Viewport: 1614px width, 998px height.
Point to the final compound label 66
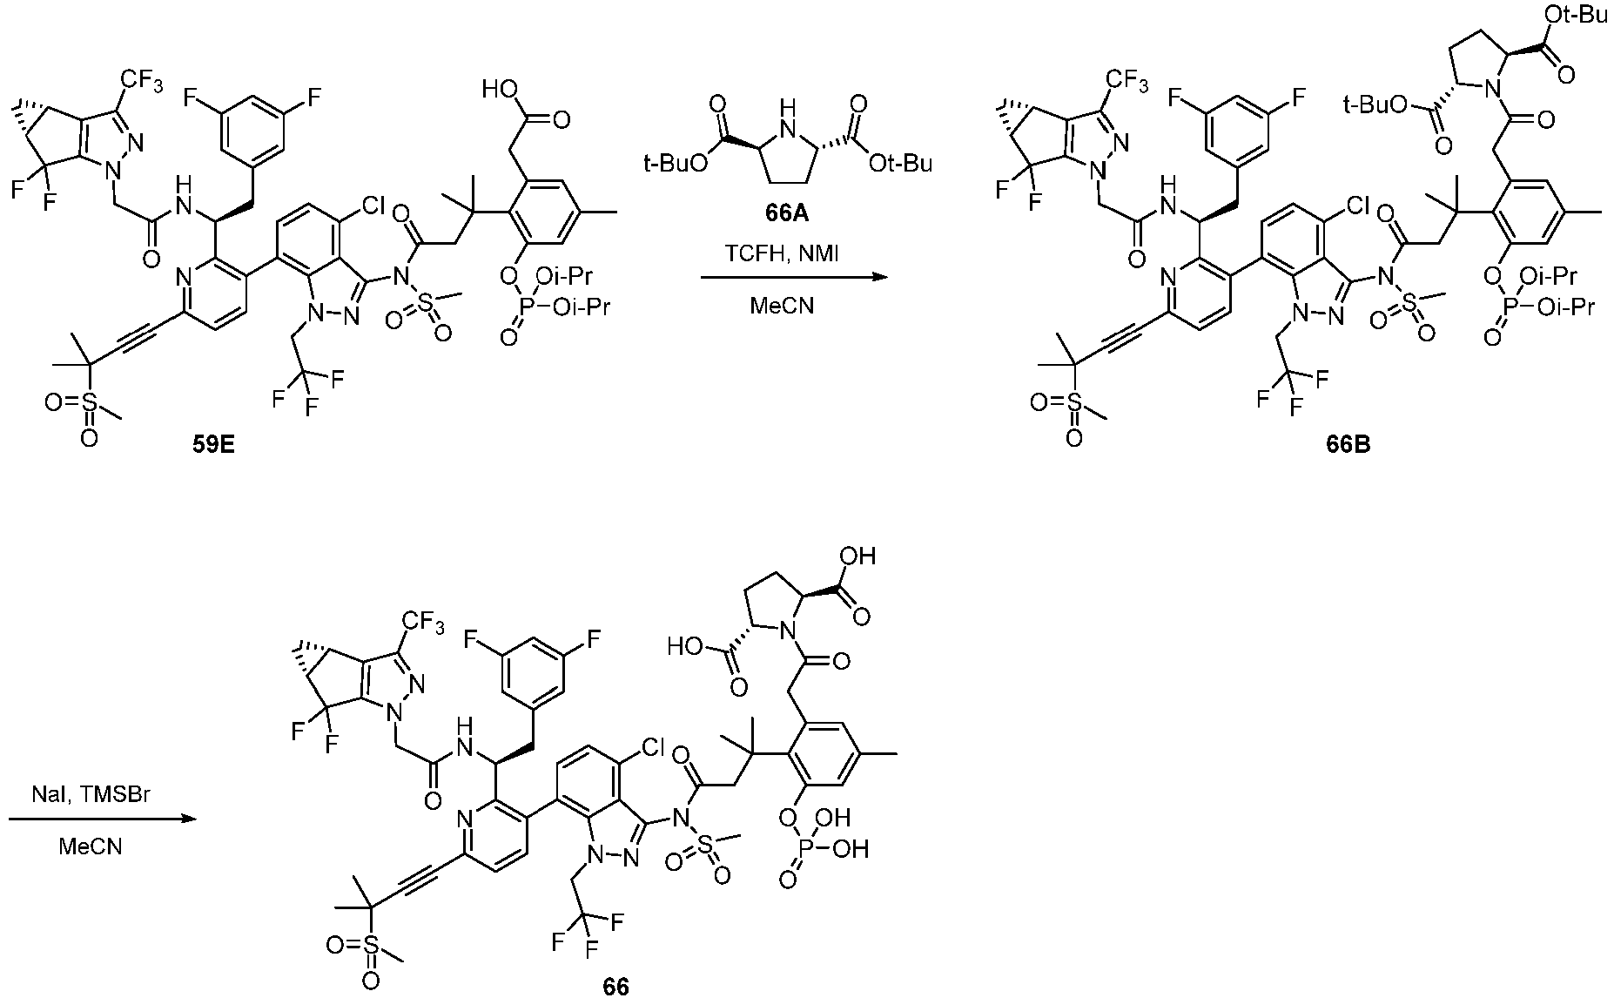click(615, 986)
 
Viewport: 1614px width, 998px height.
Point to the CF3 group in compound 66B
click(1126, 82)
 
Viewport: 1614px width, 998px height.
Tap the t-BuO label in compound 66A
click(674, 163)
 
